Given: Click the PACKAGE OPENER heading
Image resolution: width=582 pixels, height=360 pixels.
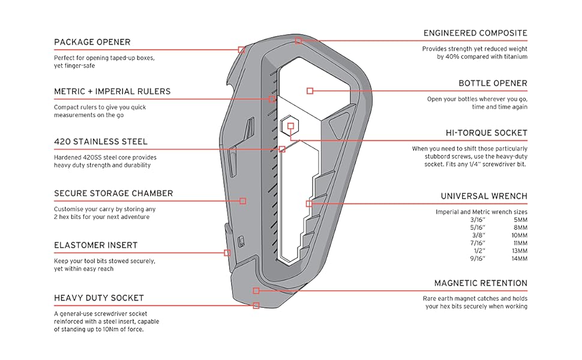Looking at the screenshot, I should point(92,42).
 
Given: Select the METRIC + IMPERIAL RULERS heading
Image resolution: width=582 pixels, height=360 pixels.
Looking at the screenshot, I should point(112,92).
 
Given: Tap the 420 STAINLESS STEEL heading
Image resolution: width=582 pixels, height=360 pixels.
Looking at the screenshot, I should point(101,142).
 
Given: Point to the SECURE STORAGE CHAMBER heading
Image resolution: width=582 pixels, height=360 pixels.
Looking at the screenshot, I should point(113,194).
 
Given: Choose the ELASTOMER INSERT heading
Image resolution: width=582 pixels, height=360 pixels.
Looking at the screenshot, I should point(95,245).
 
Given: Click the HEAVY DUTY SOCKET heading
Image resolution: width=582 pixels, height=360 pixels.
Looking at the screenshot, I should point(99,298).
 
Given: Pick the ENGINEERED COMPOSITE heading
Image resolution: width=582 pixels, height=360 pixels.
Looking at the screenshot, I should point(475,34).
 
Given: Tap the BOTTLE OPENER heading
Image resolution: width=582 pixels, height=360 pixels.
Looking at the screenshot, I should point(493,83).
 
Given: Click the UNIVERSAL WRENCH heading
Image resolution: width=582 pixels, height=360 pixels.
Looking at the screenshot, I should point(484,196).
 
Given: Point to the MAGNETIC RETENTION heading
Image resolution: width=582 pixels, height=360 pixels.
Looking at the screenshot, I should point(481,283).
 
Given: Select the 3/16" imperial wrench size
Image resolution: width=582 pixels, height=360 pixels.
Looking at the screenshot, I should point(478,220).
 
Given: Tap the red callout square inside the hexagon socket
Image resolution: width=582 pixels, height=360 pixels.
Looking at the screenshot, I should point(290,126).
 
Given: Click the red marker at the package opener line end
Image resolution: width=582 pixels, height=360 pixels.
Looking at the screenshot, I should point(241,50).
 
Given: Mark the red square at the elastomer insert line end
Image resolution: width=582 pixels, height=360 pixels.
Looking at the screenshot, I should point(227,253).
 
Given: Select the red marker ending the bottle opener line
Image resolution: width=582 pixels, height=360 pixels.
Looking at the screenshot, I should point(310,91).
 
